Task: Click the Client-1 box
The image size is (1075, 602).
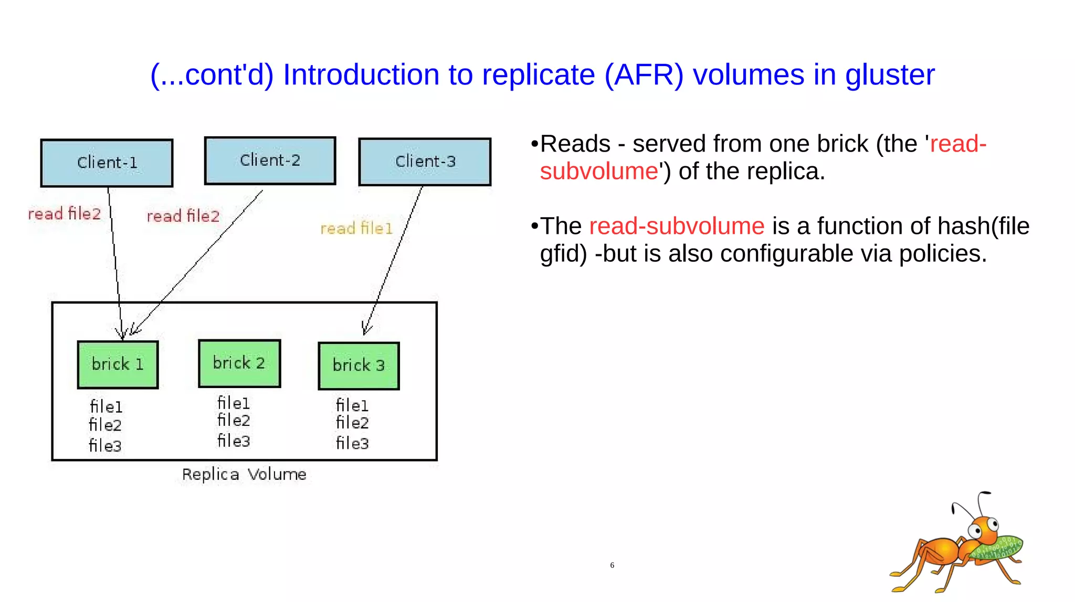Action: [x=107, y=163]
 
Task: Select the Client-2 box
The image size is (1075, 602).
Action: [x=270, y=160]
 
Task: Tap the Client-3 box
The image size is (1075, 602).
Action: [x=425, y=162]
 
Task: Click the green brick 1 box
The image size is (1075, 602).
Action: [x=118, y=364]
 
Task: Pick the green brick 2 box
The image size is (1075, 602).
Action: [x=239, y=363]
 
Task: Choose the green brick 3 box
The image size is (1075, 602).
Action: [x=359, y=365]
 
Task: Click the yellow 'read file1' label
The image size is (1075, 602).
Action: [x=356, y=229]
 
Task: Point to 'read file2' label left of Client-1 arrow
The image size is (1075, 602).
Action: [x=64, y=214]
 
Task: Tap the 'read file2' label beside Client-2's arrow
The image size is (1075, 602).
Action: [x=183, y=216]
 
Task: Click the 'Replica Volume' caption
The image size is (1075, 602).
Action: [x=244, y=475]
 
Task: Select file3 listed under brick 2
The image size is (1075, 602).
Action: [x=234, y=441]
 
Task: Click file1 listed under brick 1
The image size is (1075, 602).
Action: [x=106, y=407]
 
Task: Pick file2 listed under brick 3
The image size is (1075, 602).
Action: [x=352, y=423]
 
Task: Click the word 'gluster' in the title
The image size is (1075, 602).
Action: [x=889, y=75]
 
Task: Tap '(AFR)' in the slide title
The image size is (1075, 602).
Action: [x=644, y=75]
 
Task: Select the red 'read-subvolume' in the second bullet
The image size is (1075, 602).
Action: [x=676, y=227]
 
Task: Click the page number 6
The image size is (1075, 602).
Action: [x=612, y=565]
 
